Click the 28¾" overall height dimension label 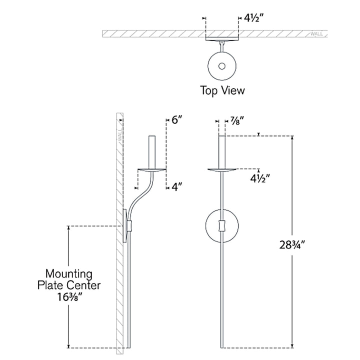(292, 244)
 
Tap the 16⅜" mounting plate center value (69, 297)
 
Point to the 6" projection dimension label (177, 119)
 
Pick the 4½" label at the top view (254, 17)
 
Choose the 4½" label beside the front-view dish (260, 178)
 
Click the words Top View (222, 90)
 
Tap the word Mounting (69, 273)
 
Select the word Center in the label (84, 285)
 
